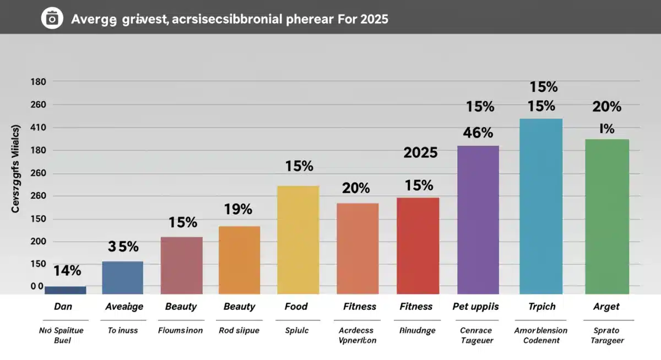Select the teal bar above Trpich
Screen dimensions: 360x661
tap(541, 206)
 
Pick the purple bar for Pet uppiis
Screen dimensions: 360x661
tap(478, 220)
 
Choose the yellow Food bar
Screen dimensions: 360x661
tap(298, 239)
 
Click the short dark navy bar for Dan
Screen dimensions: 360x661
tap(65, 290)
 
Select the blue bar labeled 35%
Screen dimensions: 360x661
tap(122, 277)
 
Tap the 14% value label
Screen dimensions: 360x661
tap(67, 270)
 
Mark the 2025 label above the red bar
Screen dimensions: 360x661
tap(420, 153)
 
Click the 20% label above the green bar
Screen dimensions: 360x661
tap(606, 106)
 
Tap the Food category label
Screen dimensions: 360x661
tap(296, 307)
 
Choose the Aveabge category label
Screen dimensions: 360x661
tap(124, 307)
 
